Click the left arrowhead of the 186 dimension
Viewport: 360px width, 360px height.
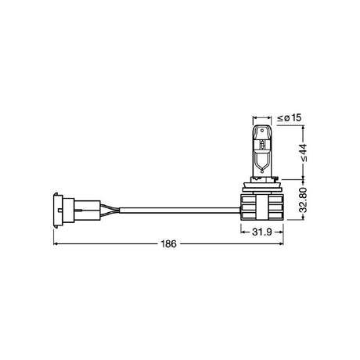(56, 244)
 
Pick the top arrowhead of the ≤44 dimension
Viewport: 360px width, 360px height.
(291, 127)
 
